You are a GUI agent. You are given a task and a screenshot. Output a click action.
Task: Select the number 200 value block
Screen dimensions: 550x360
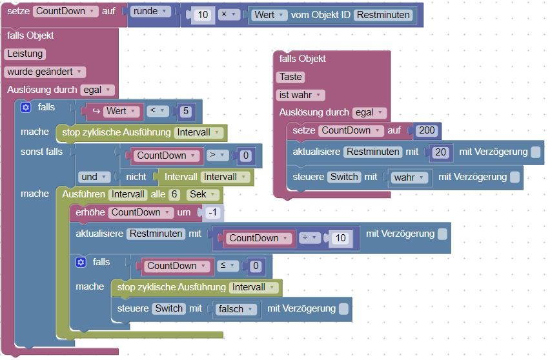tap(427, 130)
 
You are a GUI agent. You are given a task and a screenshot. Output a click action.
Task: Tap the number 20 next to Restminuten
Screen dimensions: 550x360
tap(440, 152)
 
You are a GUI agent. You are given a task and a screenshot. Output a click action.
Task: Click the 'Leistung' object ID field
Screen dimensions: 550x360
tap(25, 54)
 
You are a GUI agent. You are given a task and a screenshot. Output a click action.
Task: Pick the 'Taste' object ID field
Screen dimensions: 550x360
tap(290, 77)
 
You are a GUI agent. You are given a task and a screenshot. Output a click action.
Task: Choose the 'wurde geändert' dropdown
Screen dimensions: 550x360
tap(45, 72)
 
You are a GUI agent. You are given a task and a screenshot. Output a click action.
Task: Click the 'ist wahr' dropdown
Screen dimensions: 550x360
tap(300, 95)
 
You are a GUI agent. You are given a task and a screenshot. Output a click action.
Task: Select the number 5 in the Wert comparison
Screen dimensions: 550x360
tap(185, 111)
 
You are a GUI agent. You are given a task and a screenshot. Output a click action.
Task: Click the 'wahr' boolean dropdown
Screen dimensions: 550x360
tap(408, 177)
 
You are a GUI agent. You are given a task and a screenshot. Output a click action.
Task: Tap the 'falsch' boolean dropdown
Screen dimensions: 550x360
tap(235, 309)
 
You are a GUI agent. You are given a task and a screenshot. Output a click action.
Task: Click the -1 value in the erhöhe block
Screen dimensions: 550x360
tap(212, 212)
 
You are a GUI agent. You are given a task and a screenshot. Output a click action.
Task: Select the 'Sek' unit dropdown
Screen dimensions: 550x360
tap(201, 194)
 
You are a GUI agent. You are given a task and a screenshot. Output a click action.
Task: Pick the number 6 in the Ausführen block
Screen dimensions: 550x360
tap(174, 194)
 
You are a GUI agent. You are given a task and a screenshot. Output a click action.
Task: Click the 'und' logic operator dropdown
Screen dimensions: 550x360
tap(94, 177)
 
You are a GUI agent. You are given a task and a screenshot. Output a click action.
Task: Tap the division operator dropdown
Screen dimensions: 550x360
tap(309, 238)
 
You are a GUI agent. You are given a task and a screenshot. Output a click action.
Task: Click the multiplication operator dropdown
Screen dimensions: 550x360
tap(229, 15)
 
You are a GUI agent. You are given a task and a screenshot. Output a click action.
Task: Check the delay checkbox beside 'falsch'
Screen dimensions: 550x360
tap(343, 309)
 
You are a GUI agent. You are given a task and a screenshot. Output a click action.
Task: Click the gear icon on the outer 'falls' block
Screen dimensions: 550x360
tap(26, 107)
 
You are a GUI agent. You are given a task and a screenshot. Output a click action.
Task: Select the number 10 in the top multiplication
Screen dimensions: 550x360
tap(203, 15)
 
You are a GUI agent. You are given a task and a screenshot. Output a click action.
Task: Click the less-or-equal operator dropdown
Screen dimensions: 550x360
tap(227, 266)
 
